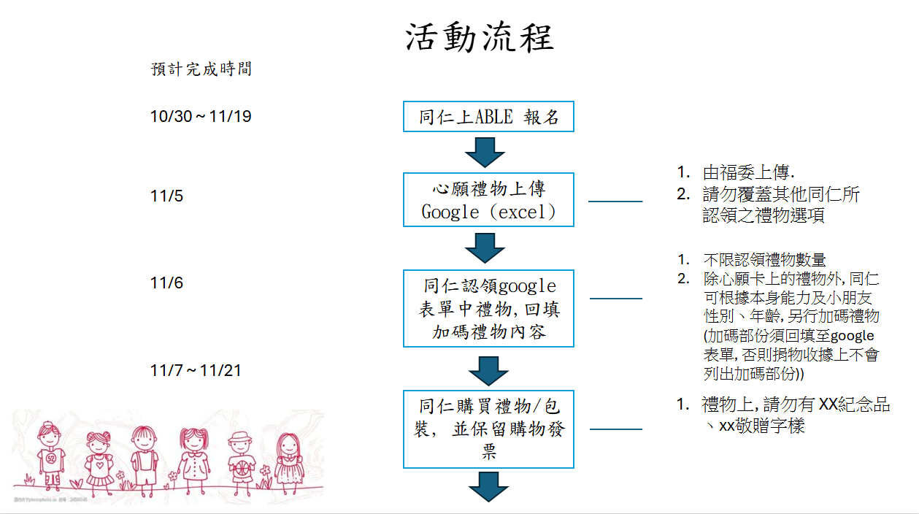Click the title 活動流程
pyautogui.click(x=480, y=38)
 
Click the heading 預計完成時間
pyautogui.click(x=201, y=69)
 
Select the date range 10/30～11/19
pyautogui.click(x=201, y=116)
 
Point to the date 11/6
pyautogui.click(x=167, y=283)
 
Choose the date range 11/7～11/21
pyautogui.click(x=196, y=371)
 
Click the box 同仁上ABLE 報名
pyautogui.click(x=488, y=117)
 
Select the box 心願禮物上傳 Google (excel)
pyautogui.click(x=488, y=200)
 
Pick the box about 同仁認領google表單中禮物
pyautogui.click(x=488, y=308)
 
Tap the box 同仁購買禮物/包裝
pyautogui.click(x=488, y=429)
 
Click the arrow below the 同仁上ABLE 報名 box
pyautogui.click(x=485, y=152)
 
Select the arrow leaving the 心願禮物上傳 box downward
pyautogui.click(x=485, y=248)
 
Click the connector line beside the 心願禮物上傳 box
pyautogui.click(x=615, y=202)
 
